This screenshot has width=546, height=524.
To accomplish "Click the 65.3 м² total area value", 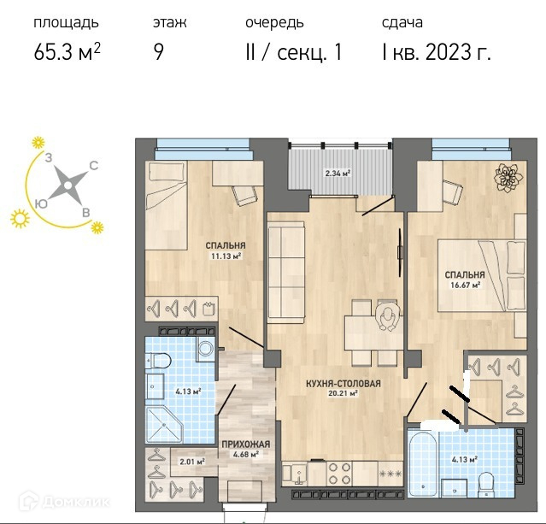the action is pyautogui.click(x=68, y=53).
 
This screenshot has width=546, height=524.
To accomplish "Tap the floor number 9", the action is pyautogui.click(x=159, y=53).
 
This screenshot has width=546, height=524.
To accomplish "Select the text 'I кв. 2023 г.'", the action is pyautogui.click(x=437, y=53).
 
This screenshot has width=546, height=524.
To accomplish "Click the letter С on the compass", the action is pyautogui.click(x=94, y=166).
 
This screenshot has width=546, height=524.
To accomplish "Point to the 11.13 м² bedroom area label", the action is pyautogui.click(x=226, y=256).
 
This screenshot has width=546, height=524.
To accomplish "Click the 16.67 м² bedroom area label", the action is pyautogui.click(x=465, y=286).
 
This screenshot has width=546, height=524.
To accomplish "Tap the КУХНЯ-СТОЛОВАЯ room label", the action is pyautogui.click(x=343, y=384).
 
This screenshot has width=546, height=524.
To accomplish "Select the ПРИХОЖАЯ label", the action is pyautogui.click(x=246, y=445).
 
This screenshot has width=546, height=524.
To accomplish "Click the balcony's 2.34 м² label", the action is pyautogui.click(x=338, y=173).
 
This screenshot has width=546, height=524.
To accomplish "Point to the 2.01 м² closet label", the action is pyautogui.click(x=192, y=462).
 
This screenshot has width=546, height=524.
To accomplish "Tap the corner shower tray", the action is pyautogui.click(x=164, y=425).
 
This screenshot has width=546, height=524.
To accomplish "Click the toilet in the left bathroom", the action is pyautogui.click(x=158, y=360).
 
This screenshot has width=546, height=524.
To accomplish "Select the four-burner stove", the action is pyautogui.click(x=339, y=473).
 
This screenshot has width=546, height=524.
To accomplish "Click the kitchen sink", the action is pyautogui.click(x=295, y=473).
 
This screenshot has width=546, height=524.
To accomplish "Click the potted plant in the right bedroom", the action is pyautogui.click(x=508, y=178).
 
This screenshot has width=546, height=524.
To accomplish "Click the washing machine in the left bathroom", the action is pyautogui.click(x=205, y=349).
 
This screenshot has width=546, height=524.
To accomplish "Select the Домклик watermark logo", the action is pyautogui.click(x=64, y=502).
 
